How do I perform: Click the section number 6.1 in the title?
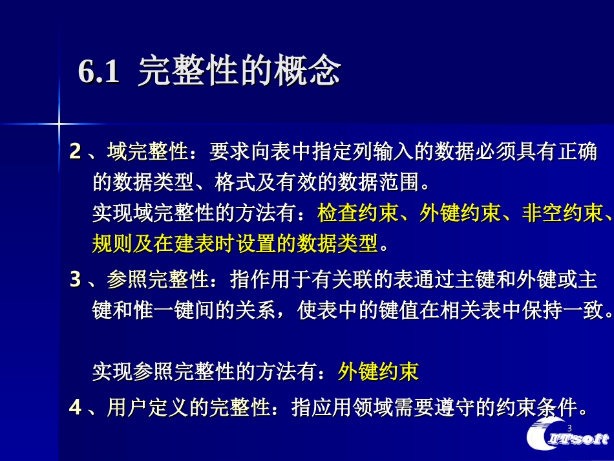tap(99, 72)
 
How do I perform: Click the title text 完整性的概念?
tap(239, 72)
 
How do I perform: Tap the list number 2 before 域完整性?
tap(76, 153)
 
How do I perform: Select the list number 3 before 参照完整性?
tap(76, 280)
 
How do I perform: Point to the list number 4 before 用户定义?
tap(76, 407)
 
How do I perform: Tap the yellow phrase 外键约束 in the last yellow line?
tap(378, 371)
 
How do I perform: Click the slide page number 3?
tap(569, 429)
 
